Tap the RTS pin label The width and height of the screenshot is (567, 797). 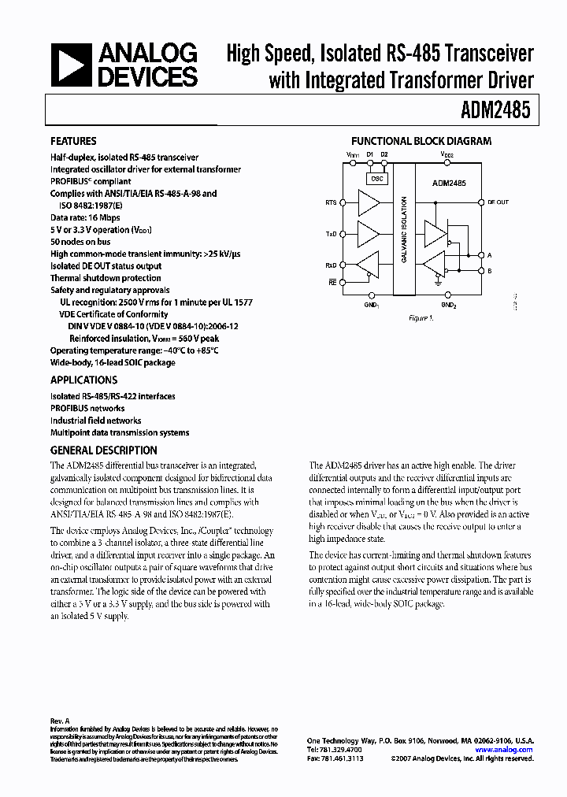pyautogui.click(x=331, y=203)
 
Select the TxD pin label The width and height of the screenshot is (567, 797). pyautogui.click(x=331, y=234)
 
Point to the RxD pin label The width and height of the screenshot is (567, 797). pyautogui.click(x=331, y=265)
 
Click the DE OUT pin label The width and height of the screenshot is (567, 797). pyautogui.click(x=498, y=202)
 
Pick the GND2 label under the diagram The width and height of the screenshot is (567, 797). pyautogui.click(x=448, y=304)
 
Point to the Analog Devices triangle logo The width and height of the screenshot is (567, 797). pyautogui.click(x=69, y=65)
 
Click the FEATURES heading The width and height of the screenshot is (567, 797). pyautogui.click(x=73, y=142)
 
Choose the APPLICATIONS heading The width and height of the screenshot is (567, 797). pyautogui.click(x=85, y=380)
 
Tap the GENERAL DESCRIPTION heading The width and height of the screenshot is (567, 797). pyautogui.click(x=103, y=450)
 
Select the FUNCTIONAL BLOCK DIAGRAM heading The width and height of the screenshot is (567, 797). pyautogui.click(x=421, y=142)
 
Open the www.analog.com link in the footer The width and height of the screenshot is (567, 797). pyautogui.click(x=504, y=750)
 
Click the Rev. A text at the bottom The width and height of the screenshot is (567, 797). pyautogui.click(x=61, y=721)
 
